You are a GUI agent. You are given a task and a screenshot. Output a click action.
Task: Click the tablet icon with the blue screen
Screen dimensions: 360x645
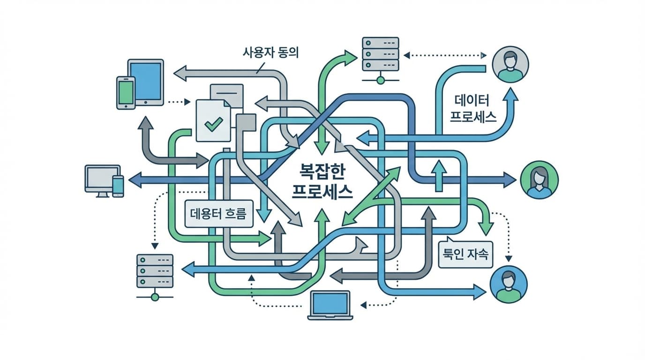[x=146, y=82]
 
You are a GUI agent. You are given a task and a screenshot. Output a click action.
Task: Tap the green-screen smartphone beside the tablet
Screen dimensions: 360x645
[x=126, y=93]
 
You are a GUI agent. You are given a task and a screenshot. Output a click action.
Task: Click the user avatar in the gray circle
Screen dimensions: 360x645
[x=510, y=65]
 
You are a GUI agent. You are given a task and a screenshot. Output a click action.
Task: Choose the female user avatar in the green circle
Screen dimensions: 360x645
[x=540, y=180]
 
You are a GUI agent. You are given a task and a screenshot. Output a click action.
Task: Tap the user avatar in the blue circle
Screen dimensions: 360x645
[x=508, y=285]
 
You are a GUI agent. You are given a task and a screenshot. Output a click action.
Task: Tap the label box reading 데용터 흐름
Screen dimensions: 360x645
[x=219, y=214]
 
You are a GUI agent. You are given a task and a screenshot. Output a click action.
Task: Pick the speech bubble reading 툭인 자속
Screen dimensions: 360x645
[x=465, y=255]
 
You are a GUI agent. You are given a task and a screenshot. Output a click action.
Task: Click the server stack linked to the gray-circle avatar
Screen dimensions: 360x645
[x=380, y=55]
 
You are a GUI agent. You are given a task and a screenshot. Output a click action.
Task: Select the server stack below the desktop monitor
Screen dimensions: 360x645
[x=155, y=272]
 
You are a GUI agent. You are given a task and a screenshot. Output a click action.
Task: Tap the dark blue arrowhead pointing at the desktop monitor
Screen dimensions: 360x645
[x=135, y=179]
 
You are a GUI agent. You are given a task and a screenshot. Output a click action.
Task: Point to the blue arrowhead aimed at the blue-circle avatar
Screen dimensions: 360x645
[x=479, y=292]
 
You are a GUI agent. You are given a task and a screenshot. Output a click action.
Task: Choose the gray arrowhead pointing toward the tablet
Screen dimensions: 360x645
[x=180, y=73]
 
